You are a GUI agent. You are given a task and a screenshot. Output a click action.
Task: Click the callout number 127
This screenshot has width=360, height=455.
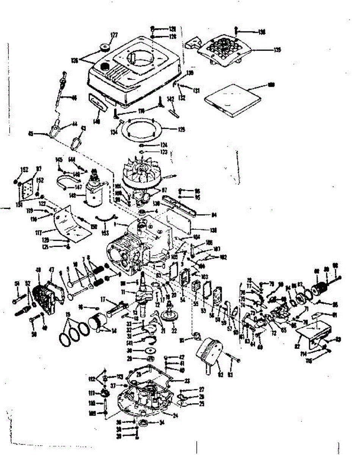[x=114, y=35]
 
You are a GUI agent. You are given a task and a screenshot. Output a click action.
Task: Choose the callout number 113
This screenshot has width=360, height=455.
[x=120, y=377]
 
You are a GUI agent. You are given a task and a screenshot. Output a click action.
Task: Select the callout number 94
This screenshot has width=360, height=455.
[x=214, y=215]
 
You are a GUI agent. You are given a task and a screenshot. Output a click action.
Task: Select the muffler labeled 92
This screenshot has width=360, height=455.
[x=209, y=352]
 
